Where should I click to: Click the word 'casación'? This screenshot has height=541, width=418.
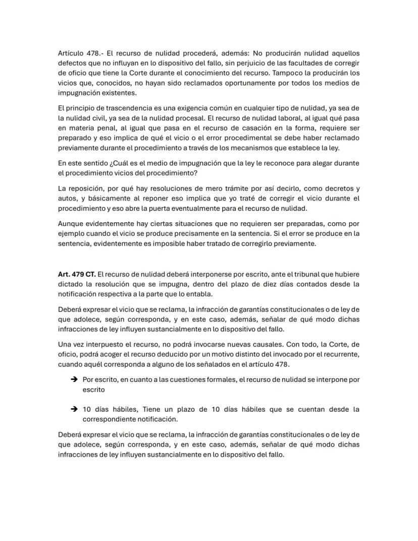coord(252,128)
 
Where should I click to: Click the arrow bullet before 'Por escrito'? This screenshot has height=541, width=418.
coord(74,379)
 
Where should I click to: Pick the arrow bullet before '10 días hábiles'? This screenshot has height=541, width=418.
coord(74,410)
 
